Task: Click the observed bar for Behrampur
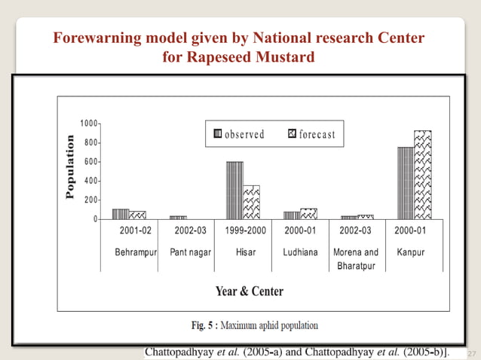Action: tap(121, 214)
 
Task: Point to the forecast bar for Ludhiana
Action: tap(308, 214)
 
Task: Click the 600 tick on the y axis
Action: tap(91, 162)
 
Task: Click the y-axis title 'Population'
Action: tap(70, 166)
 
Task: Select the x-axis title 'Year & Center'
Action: tap(250, 291)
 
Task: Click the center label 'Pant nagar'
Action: tap(191, 252)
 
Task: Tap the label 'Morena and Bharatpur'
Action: tap(356, 258)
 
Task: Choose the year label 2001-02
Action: tap(135, 230)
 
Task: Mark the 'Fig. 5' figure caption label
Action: tap(203, 326)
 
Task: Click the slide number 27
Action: tap(472, 352)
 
